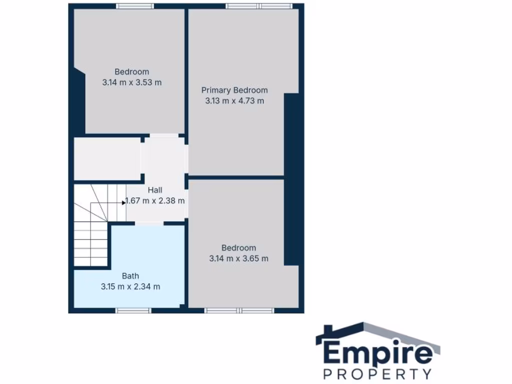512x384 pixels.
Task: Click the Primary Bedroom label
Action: pyautogui.click(x=234, y=90)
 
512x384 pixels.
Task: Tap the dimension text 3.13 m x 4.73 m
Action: pyautogui.click(x=234, y=101)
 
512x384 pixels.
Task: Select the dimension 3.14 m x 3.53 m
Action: pyautogui.click(x=132, y=82)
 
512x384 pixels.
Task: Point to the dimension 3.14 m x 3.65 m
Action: pyautogui.click(x=238, y=258)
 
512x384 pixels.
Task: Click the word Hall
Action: pyautogui.click(x=155, y=190)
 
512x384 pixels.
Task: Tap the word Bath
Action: pyautogui.click(x=130, y=275)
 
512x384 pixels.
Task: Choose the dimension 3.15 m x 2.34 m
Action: pyautogui.click(x=130, y=286)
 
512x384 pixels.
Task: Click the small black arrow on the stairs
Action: pyautogui.click(x=123, y=202)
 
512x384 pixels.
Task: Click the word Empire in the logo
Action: pyautogui.click(x=378, y=352)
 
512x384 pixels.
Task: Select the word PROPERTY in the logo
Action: pyautogui.click(x=377, y=373)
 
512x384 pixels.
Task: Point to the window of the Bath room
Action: pyautogui.click(x=133, y=310)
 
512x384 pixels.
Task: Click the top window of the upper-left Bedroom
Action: pyautogui.click(x=135, y=6)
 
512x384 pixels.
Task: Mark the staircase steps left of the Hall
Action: pyautogui.click(x=91, y=225)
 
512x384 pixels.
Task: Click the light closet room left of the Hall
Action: pyautogui.click(x=107, y=158)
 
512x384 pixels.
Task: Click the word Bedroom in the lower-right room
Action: pyautogui.click(x=238, y=248)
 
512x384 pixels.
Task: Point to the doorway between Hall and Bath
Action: pyautogui.click(x=149, y=223)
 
